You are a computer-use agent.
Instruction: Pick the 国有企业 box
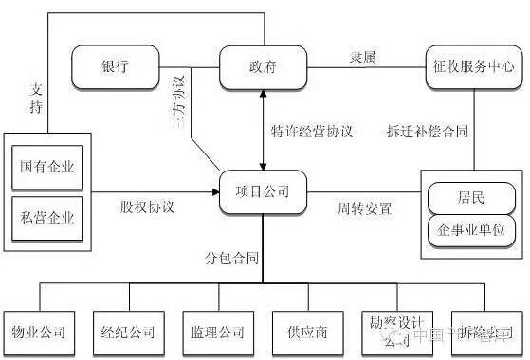47,170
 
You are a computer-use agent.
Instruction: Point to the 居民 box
471,200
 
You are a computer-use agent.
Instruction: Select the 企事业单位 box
471,230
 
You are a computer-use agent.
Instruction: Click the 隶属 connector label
363,59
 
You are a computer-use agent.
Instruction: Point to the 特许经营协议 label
311,132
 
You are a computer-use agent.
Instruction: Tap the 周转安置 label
365,207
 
